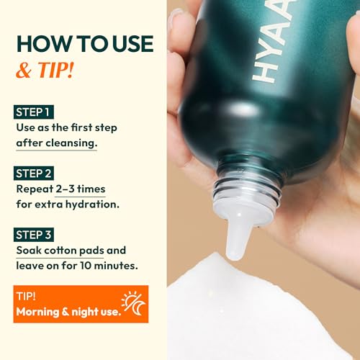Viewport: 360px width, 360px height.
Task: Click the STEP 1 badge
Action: pyautogui.click(x=34, y=112)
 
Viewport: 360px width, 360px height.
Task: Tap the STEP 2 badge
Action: pyautogui.click(x=34, y=174)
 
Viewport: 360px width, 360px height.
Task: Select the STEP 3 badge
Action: pyautogui.click(x=34, y=235)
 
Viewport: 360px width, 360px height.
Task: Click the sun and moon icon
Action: pyautogui.click(x=133, y=304)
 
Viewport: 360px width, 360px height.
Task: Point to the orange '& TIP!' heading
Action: pyautogui.click(x=45, y=70)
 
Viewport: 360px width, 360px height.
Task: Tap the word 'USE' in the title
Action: pyautogui.click(x=132, y=44)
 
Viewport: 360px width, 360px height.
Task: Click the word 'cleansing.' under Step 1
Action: pyautogui.click(x=71, y=143)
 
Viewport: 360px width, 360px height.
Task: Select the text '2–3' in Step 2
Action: pyautogui.click(x=65, y=189)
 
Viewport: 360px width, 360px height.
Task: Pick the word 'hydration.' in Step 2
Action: pyautogui.click(x=92, y=204)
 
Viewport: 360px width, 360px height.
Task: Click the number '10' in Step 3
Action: pyautogui.click(x=86, y=266)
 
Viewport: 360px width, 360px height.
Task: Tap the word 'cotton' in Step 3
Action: pyautogui.click(x=60, y=251)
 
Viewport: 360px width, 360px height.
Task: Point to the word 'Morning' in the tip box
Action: pyautogui.click(x=37, y=312)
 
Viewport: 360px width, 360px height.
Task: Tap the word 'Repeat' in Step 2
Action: pyautogui.click(x=35, y=189)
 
